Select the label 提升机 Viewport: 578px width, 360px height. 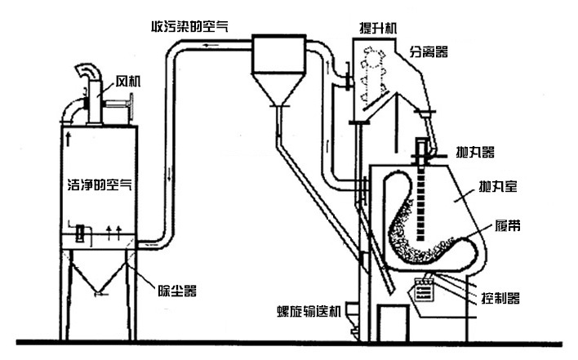coord(378,26)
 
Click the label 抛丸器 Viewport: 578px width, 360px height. coord(474,152)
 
